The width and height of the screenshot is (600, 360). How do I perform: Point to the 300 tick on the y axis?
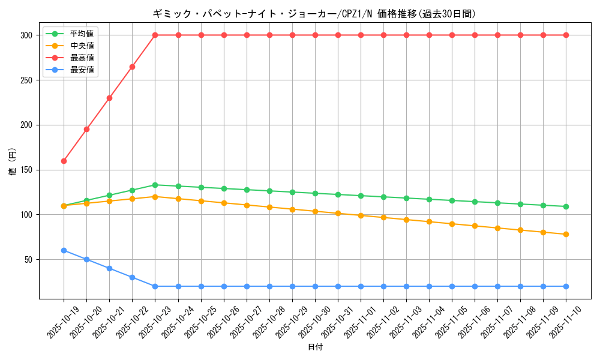[26, 35]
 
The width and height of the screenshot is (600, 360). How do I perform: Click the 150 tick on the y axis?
[26, 170]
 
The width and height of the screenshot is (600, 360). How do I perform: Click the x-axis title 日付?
[315, 347]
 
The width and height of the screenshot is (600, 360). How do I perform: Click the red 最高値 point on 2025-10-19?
[64, 161]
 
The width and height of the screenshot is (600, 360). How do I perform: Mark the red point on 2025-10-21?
[109, 98]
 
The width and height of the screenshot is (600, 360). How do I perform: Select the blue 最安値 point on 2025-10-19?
[64, 250]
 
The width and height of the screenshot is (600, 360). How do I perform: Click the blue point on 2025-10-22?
[132, 277]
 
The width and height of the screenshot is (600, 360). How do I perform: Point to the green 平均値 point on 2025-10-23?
[155, 185]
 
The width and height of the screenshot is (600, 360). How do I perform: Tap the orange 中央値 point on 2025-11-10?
[566, 234]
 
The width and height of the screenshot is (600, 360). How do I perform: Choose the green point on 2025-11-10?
[566, 206]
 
